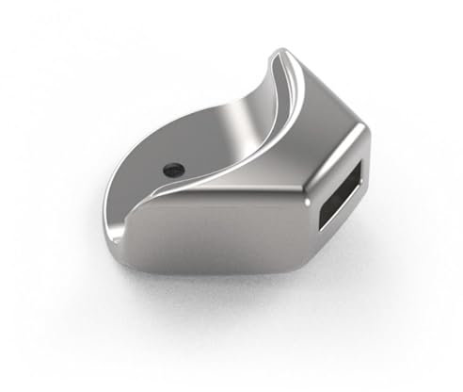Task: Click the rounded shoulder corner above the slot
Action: (358, 127)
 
